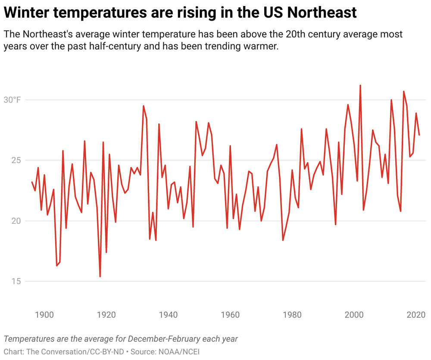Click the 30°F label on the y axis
[x=12, y=100]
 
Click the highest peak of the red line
[x=360, y=86]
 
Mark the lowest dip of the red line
[x=100, y=276]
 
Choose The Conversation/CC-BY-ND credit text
[x=76, y=351]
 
